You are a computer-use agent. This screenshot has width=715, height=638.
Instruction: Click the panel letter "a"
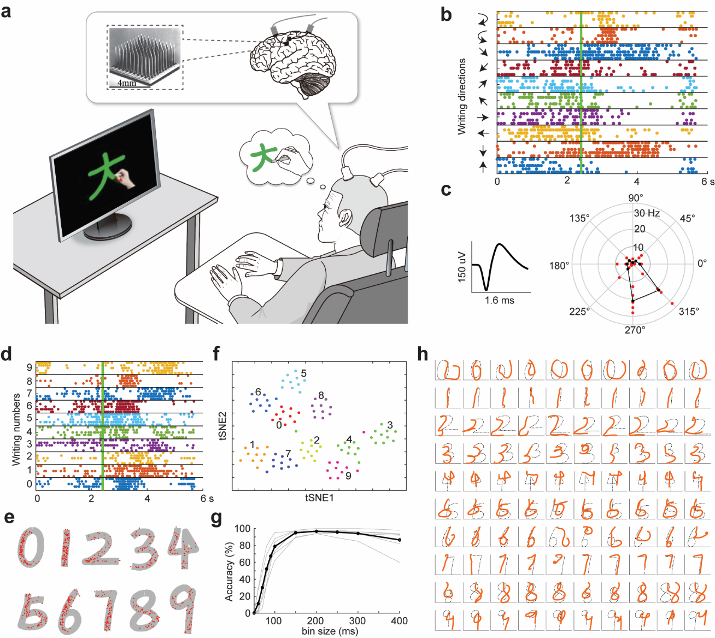(x=7, y=10)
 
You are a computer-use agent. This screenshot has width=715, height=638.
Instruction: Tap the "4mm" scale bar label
(x=126, y=83)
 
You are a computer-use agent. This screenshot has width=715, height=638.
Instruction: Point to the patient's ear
(x=343, y=219)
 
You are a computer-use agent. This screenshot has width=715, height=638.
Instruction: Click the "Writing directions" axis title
(x=462, y=97)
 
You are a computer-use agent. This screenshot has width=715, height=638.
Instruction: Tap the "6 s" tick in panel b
(x=707, y=182)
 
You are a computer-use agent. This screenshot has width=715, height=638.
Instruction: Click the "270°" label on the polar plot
(x=635, y=330)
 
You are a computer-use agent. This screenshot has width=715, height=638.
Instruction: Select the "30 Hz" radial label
(x=647, y=213)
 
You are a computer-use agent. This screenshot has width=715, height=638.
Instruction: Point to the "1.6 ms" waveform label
(x=499, y=300)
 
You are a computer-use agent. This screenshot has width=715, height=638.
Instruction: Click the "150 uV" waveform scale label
(x=462, y=266)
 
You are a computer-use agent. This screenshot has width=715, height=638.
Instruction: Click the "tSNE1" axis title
(x=319, y=498)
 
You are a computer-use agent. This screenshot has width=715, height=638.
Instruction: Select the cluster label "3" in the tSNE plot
(x=389, y=425)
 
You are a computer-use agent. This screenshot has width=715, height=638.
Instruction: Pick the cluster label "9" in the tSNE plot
(x=348, y=476)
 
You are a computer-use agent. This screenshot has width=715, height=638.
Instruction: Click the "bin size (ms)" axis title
(x=330, y=631)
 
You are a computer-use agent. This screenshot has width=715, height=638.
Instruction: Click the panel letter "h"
(x=423, y=354)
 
